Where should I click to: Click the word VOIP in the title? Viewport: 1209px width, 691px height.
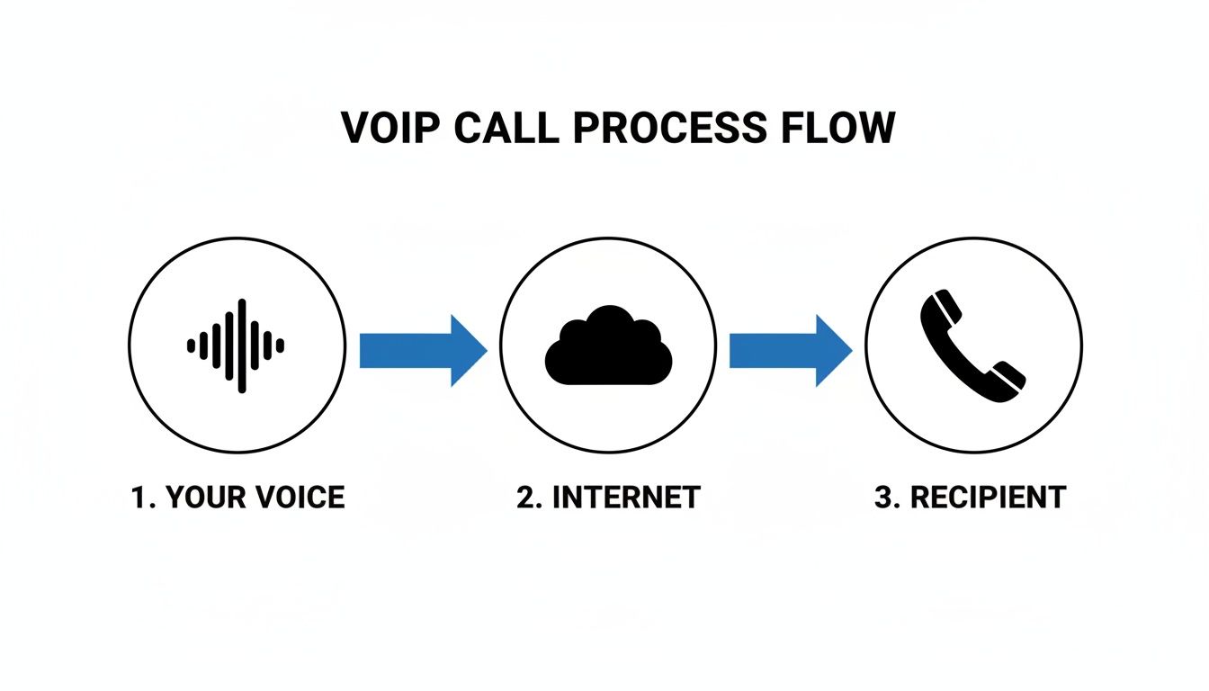click(x=390, y=128)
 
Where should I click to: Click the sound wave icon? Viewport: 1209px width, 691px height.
click(x=237, y=345)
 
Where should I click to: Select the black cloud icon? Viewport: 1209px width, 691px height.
click(x=608, y=346)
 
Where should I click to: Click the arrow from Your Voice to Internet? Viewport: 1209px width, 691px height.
click(x=422, y=350)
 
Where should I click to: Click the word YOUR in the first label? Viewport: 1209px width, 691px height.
click(x=198, y=498)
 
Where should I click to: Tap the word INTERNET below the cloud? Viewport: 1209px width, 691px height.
click(x=626, y=498)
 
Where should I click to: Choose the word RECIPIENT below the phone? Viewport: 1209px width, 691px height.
click(x=989, y=498)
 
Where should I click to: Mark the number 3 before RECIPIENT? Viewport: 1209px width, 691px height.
click(x=884, y=498)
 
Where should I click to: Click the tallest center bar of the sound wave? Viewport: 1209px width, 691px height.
click(x=242, y=345)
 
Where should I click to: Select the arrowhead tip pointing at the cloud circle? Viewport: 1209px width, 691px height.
click(x=483, y=350)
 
